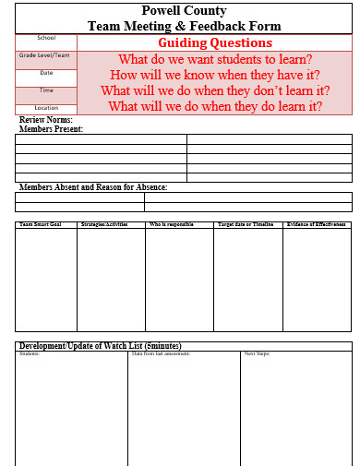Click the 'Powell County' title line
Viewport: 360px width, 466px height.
184,11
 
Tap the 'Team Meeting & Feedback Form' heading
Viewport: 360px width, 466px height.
184,27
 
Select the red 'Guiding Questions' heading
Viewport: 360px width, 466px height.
215,43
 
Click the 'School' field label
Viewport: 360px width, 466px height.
46,38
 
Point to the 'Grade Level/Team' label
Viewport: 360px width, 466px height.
45,55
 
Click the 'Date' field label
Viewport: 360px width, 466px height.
46,72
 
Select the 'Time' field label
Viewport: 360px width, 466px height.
46,90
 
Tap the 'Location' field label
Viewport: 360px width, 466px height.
46,108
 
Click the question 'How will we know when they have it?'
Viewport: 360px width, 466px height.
215,75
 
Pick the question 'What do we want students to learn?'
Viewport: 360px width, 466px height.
215,59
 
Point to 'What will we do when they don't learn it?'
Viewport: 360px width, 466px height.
215,90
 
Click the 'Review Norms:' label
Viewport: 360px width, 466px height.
46,120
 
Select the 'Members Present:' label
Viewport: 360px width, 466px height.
51,129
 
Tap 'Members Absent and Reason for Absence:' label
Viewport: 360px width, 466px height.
93,187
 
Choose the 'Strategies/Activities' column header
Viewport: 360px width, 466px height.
104,224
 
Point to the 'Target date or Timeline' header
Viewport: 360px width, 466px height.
246,224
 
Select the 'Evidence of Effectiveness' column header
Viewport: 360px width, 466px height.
317,224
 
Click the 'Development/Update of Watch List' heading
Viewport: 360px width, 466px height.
100,345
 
